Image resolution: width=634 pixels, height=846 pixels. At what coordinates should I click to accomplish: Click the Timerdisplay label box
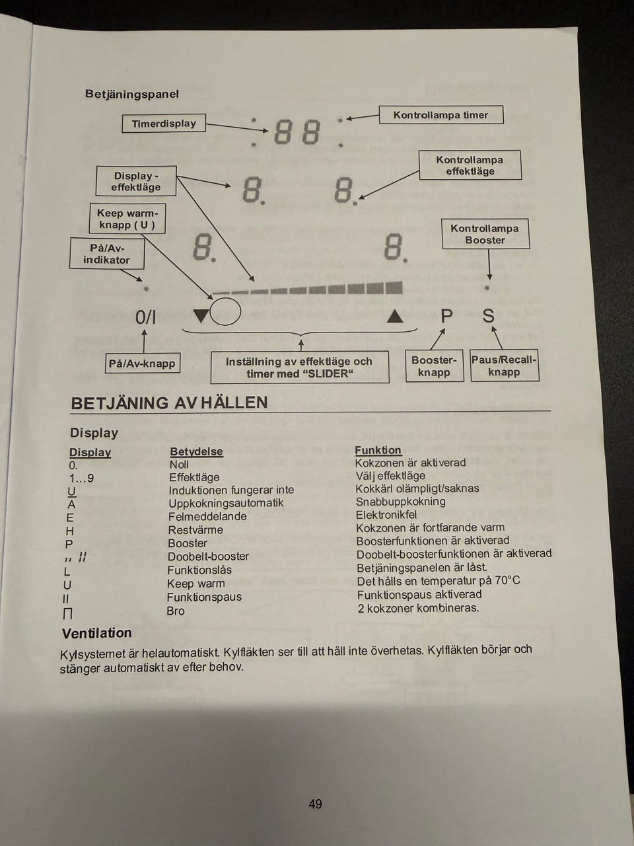coord(164,124)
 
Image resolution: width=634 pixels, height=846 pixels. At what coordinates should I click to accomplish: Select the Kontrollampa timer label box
coord(440,115)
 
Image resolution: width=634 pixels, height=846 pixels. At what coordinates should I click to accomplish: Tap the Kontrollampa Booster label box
coord(485,234)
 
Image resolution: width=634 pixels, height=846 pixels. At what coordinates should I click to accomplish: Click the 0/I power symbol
coord(145,317)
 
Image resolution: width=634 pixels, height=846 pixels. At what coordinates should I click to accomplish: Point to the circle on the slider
coord(225,311)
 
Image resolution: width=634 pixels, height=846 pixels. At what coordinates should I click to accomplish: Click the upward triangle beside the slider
coord(395,317)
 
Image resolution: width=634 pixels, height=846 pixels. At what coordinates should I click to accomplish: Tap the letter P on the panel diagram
coord(446,316)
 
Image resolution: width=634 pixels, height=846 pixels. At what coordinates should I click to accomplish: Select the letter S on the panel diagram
coord(488,316)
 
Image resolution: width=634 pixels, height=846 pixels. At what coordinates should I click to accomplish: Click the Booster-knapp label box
coord(434,366)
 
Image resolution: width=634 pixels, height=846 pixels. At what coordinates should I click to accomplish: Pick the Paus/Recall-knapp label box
coord(504,365)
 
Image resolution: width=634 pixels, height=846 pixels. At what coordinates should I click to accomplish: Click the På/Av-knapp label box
coord(142,364)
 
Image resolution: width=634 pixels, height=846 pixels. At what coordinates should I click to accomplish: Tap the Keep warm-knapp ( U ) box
coord(126,219)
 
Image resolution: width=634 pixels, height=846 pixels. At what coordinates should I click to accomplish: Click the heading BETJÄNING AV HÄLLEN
coord(169,403)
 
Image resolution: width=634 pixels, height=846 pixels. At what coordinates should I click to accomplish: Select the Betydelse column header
coord(196,452)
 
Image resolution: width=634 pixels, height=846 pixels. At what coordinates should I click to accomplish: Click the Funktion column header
coord(378,450)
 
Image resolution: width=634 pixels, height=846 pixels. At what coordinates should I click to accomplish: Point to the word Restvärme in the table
coord(195,530)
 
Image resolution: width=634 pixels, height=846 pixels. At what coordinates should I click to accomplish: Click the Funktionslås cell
coord(199,570)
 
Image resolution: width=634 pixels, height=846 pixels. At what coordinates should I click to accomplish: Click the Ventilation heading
coord(96,633)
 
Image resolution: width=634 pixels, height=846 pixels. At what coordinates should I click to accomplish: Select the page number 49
coord(315,804)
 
